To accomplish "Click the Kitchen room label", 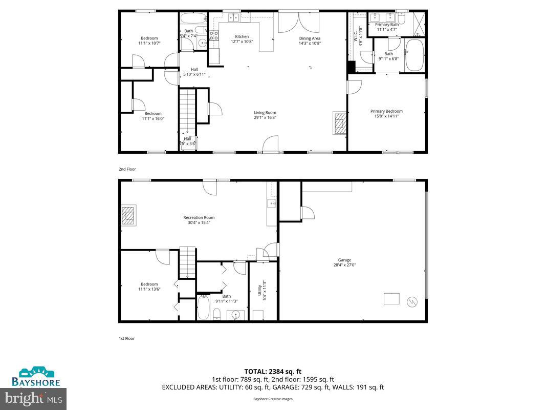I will (242, 36).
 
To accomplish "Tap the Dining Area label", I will (310, 38).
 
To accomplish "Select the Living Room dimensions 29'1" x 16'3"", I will (265, 117).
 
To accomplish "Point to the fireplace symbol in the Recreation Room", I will (128, 215).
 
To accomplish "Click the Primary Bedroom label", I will (386, 111).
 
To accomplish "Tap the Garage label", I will (344, 260).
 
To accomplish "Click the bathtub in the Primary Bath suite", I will (414, 57).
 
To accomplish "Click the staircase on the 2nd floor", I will (187, 110).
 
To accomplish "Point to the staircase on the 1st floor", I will (187, 261).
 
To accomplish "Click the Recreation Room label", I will (199, 217).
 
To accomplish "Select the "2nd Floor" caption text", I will (127, 169).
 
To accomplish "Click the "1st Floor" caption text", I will (126, 338).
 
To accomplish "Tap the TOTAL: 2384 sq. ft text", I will (273, 371).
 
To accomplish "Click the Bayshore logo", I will (36, 377).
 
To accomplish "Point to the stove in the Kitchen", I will (213, 36).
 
